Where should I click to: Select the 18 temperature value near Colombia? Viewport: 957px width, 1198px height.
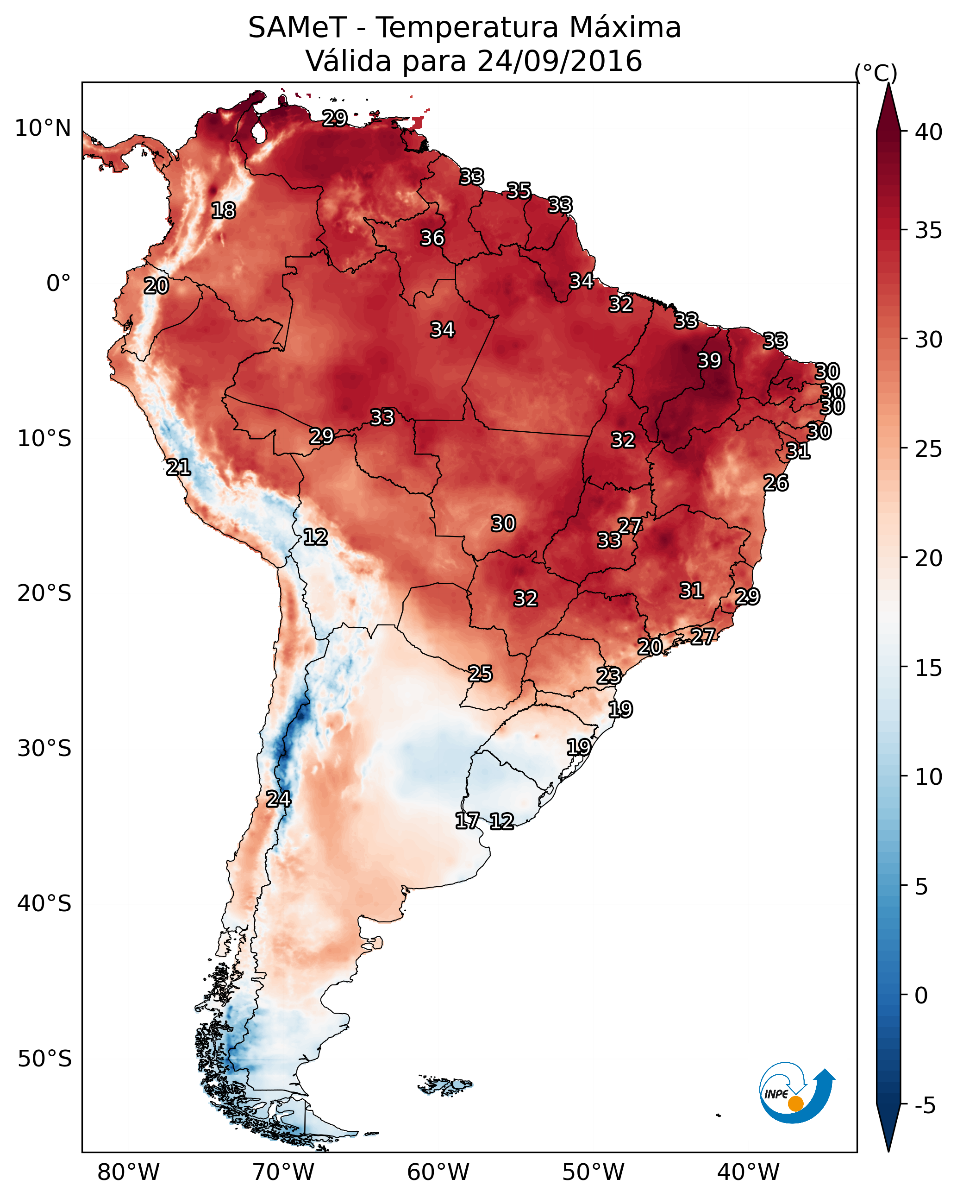point(223,211)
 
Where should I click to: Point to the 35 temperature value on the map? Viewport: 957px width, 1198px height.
point(519,190)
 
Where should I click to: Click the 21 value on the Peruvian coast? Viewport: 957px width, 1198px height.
point(178,467)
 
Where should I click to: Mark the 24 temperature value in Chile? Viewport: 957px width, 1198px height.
point(278,799)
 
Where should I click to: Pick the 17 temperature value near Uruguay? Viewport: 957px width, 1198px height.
point(467,821)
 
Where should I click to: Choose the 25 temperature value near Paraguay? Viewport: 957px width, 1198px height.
point(480,674)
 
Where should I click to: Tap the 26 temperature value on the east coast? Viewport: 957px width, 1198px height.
point(776,483)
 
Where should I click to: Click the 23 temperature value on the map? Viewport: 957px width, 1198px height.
point(609,676)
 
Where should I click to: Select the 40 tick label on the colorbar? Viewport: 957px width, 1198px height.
point(928,132)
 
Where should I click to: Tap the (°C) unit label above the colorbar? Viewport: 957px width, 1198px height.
point(876,73)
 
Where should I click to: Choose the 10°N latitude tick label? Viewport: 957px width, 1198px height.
point(43,128)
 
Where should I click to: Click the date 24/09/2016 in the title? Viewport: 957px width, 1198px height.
point(559,61)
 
